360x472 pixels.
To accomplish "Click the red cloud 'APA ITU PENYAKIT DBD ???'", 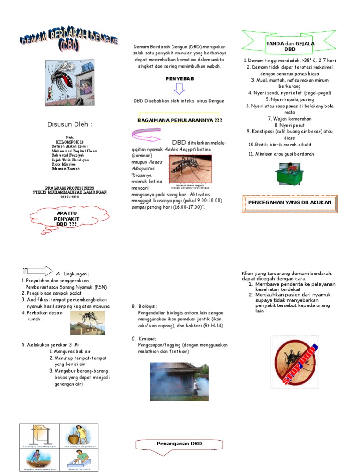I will [x=67, y=219].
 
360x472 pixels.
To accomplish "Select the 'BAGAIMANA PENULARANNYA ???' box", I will [x=179, y=120].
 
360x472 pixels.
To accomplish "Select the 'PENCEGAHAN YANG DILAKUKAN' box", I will [x=290, y=203].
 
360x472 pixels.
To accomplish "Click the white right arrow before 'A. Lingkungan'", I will [x=38, y=271].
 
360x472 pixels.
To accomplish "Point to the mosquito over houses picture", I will [x=88, y=322].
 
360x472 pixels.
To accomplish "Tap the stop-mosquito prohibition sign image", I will [x=295, y=362].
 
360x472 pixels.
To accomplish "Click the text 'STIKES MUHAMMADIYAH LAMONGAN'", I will [x=70, y=192].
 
